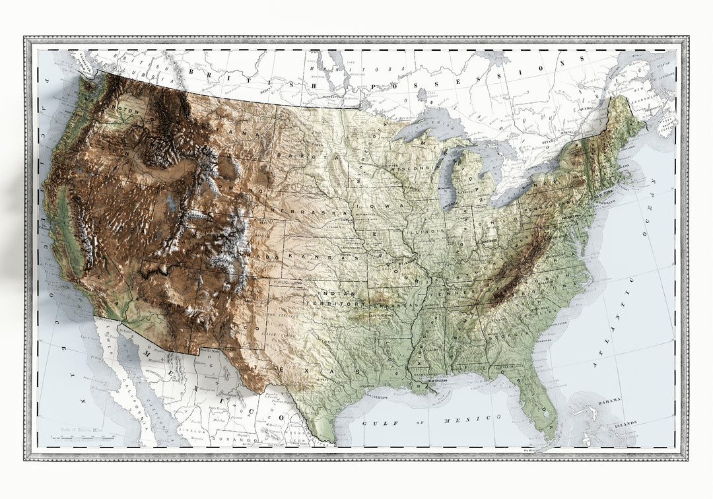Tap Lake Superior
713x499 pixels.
point(432,125)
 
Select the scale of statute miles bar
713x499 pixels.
point(86,436)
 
